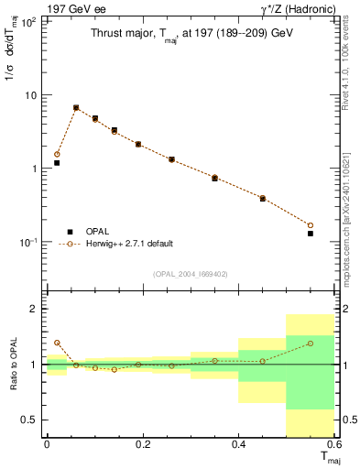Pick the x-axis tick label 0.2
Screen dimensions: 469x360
click(x=143, y=443)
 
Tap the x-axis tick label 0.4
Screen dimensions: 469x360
click(x=239, y=443)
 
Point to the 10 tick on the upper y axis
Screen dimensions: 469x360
click(x=30, y=95)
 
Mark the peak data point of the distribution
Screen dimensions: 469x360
click(x=76, y=108)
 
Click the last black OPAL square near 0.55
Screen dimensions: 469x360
click(x=311, y=234)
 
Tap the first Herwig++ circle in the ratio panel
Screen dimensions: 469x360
click(x=57, y=343)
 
